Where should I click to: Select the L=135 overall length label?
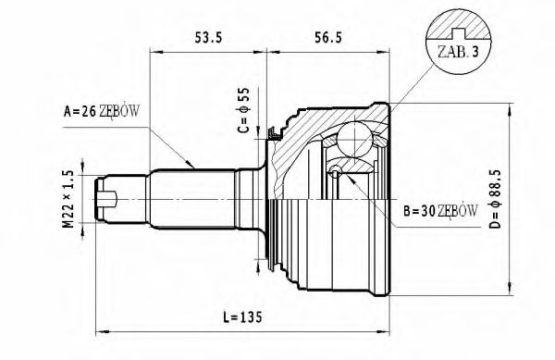point(243,317)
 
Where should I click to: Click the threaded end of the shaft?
point(111,197)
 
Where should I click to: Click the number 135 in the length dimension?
point(250,317)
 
